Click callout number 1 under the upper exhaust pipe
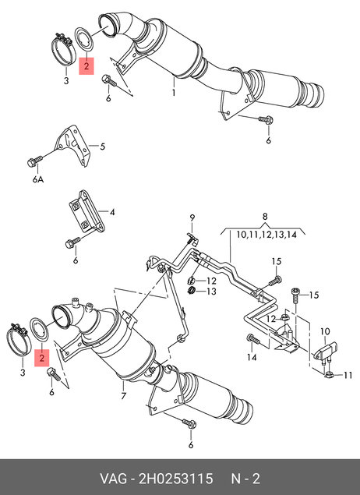(x=174, y=93)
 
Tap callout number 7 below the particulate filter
(x=123, y=395)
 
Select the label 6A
(x=38, y=179)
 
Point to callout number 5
(x=103, y=147)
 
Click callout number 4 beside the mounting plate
(x=112, y=212)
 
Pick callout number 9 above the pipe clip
(x=192, y=217)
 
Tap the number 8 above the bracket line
(x=265, y=216)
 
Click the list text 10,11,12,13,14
(x=266, y=235)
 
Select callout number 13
(x=212, y=291)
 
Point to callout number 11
(x=348, y=375)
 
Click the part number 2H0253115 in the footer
(x=176, y=479)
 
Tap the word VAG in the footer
(x=113, y=479)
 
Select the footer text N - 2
(x=245, y=479)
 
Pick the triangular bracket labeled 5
(x=71, y=145)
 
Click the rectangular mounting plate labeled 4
(x=86, y=212)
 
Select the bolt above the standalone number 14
(x=253, y=340)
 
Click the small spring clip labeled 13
(x=191, y=290)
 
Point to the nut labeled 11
(x=329, y=375)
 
